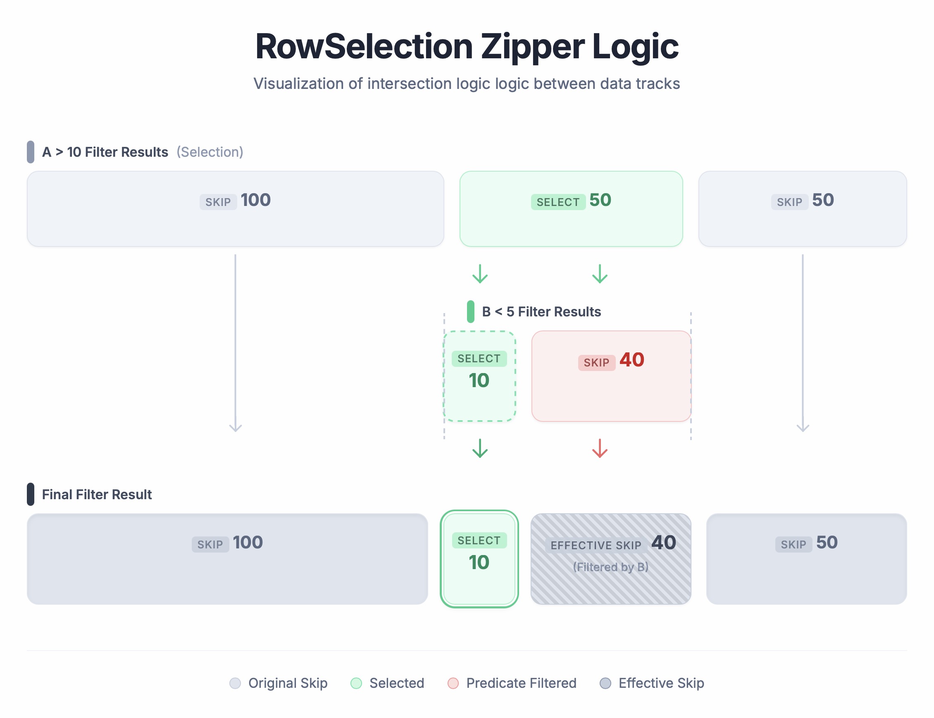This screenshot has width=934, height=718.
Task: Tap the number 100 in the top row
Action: (255, 200)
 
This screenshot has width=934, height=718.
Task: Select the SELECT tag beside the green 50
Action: (558, 202)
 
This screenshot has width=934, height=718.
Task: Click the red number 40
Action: (631, 360)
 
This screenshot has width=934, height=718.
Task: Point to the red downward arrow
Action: (600, 448)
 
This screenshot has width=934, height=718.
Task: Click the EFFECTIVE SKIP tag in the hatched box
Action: (596, 546)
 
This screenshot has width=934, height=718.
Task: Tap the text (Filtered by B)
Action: (610, 567)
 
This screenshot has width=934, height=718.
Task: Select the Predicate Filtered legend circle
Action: (453, 683)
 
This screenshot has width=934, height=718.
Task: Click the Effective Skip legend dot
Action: (605, 683)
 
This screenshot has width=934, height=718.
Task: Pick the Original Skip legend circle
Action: (235, 683)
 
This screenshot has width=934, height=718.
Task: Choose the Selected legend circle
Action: (356, 683)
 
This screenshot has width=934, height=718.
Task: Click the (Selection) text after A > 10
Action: (210, 152)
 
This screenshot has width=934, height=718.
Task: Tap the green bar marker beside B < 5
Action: (470, 311)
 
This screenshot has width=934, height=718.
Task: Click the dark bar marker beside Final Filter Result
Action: (30, 495)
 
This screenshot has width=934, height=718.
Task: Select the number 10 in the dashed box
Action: (479, 381)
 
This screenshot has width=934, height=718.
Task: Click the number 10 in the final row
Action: (479, 562)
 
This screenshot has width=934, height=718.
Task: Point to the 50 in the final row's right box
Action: (827, 542)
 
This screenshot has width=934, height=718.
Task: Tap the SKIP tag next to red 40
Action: (596, 363)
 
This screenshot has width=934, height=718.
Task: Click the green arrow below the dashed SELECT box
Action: (480, 448)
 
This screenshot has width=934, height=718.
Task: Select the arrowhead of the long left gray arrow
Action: (235, 427)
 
